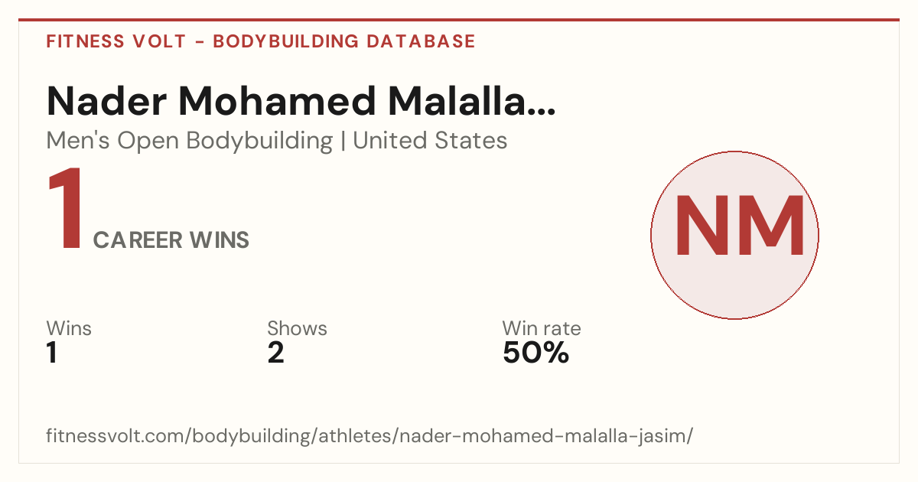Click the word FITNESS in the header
pyautogui.click(x=85, y=41)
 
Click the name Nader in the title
pyautogui.click(x=106, y=101)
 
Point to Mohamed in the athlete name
pyautogui.click(x=277, y=101)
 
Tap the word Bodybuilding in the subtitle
pyautogui.click(x=259, y=142)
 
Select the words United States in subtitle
pyautogui.click(x=430, y=140)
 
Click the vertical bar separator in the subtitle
pyautogui.click(x=343, y=141)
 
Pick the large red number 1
pyautogui.click(x=66, y=208)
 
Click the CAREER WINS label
pyautogui.click(x=171, y=239)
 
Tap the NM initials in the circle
pyautogui.click(x=739, y=226)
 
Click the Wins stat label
pyautogui.click(x=69, y=328)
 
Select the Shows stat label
pyautogui.click(x=297, y=328)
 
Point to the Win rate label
pyautogui.click(x=542, y=328)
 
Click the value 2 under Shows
pyautogui.click(x=275, y=353)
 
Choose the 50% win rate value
pyautogui.click(x=535, y=353)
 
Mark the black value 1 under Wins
pyautogui.click(x=52, y=353)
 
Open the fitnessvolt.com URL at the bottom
pyautogui.click(x=369, y=435)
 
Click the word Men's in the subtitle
pyautogui.click(x=78, y=140)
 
